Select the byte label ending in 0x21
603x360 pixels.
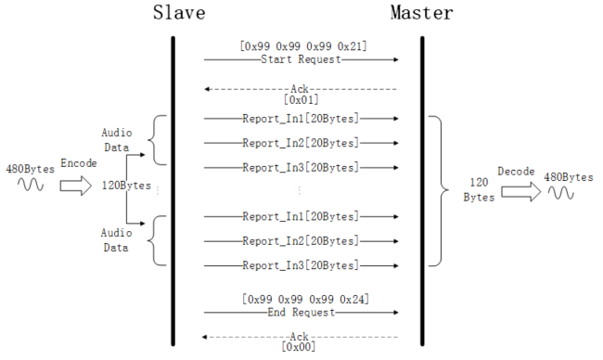click(301, 45)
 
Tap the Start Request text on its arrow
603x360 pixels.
click(301, 59)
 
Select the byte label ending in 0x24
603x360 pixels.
click(301, 300)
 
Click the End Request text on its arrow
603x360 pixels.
click(301, 313)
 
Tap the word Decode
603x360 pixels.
click(516, 171)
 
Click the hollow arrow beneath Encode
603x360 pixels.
click(79, 186)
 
